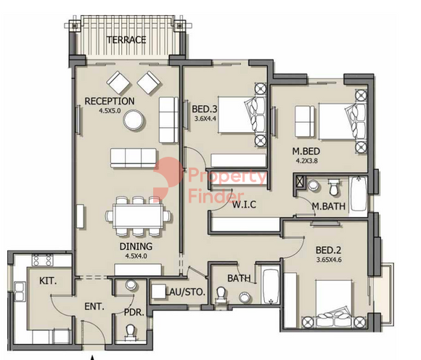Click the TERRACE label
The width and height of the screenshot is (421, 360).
pos(126,40)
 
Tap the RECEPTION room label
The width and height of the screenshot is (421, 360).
pos(110,101)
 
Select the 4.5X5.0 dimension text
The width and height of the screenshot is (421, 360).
pos(110,110)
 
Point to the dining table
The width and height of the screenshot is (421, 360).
pos(138,216)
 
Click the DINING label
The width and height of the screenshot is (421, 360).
pos(136,247)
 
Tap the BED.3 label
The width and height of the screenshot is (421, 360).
pos(204,110)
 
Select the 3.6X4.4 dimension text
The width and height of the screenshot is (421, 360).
pos(205,118)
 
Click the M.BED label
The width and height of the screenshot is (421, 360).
pos(306,152)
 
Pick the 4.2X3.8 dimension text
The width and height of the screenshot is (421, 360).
pos(306,161)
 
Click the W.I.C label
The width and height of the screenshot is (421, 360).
pos(244,205)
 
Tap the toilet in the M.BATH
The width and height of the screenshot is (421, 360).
pos(334,187)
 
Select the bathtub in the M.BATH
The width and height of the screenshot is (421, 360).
pos(358,193)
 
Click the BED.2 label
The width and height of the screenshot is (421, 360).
pos(328,250)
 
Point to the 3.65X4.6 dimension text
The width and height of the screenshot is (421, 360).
pos(329,260)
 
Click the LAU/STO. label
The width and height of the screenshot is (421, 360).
pos(185,292)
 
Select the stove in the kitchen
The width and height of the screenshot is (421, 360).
pos(42,260)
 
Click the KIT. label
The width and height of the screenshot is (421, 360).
pos(48,281)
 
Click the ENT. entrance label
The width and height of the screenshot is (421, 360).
pos(94,306)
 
